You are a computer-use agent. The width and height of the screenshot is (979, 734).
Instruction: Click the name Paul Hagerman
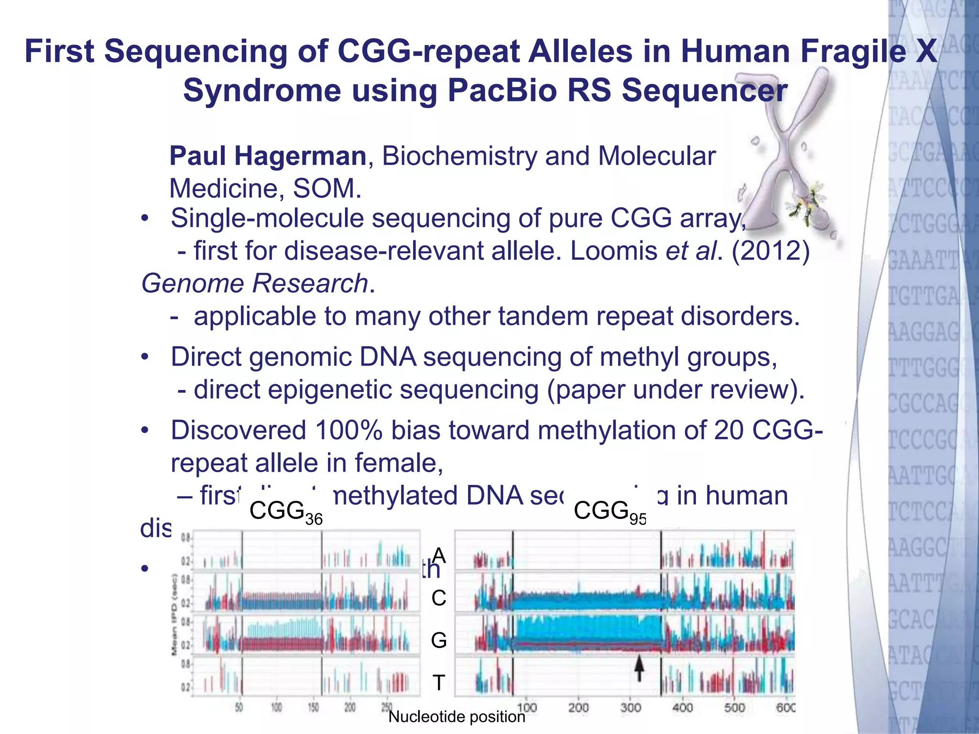[268, 156]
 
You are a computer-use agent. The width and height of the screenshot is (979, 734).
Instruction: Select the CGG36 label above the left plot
[286, 512]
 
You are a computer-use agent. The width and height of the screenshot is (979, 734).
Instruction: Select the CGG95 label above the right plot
[610, 512]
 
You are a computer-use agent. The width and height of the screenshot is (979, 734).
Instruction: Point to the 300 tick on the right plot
[631, 707]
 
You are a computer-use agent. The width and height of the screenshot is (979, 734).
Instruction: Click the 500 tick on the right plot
[734, 707]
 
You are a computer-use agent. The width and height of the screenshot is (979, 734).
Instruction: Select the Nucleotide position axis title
[457, 717]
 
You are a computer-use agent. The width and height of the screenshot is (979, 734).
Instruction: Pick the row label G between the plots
[439, 640]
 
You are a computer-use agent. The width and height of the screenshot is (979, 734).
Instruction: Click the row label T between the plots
[439, 682]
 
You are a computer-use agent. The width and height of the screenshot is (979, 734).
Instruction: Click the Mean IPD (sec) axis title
[175, 614]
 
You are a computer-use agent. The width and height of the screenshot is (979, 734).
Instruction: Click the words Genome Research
[255, 283]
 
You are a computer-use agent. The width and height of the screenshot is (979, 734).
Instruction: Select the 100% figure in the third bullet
[348, 430]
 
